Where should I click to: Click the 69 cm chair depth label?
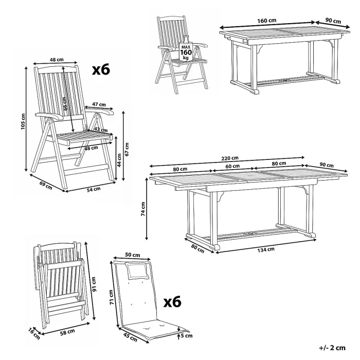coord(46,186)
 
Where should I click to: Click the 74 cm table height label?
coord(143,209)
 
